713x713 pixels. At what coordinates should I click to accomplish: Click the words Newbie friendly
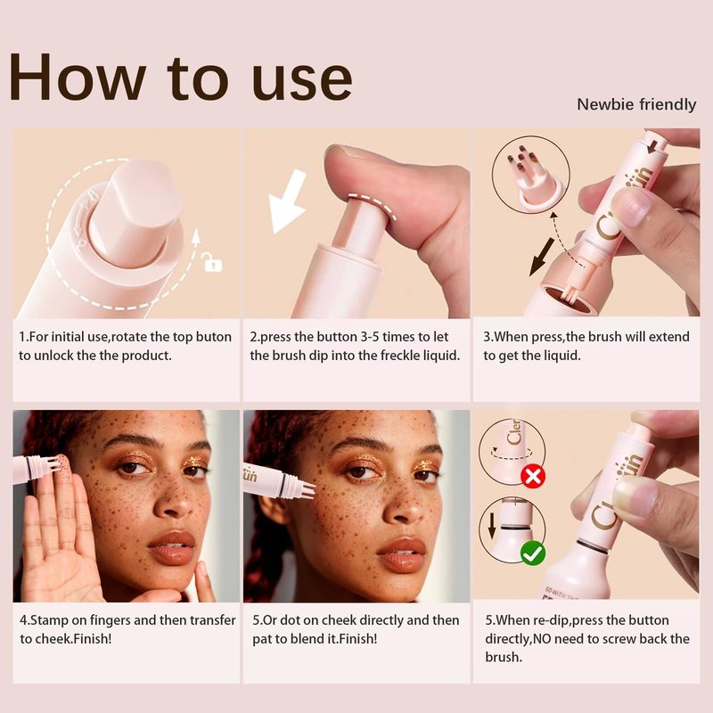636,104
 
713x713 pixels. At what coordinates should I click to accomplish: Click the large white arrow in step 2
286,200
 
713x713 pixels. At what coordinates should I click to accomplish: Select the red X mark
533,477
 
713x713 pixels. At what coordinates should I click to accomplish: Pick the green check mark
533,553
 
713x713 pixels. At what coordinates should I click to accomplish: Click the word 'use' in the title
301,79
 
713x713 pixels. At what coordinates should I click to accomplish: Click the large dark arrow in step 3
542,257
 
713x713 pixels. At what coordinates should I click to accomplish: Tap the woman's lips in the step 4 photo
171,547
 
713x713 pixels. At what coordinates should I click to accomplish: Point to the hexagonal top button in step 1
135,210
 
